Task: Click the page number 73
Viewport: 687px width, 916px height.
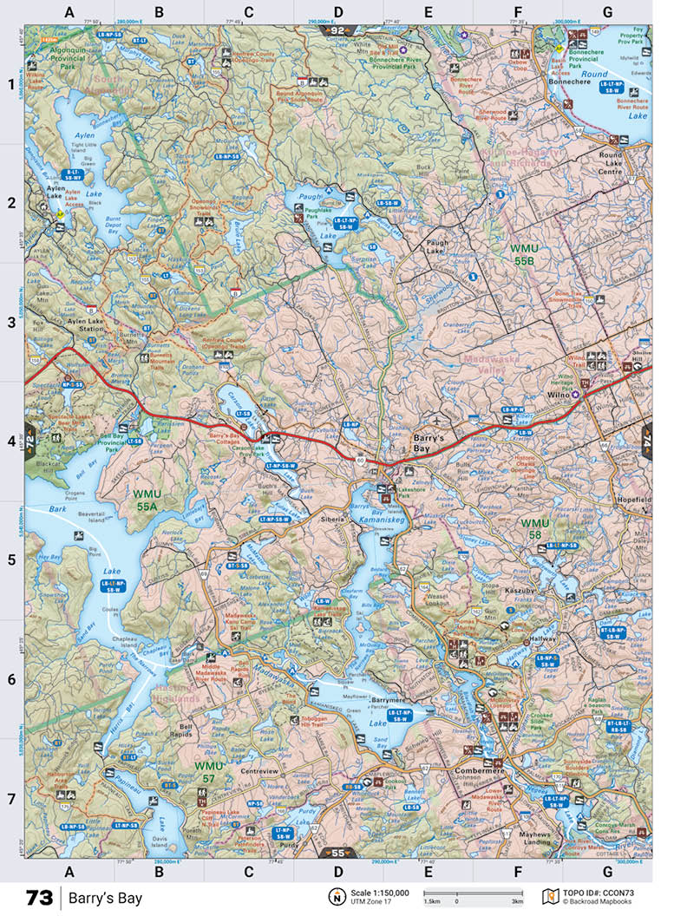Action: [39, 897]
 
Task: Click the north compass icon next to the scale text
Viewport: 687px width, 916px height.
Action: [335, 896]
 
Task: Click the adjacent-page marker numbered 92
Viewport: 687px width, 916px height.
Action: [337, 30]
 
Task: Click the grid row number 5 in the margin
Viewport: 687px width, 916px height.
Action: [12, 559]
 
